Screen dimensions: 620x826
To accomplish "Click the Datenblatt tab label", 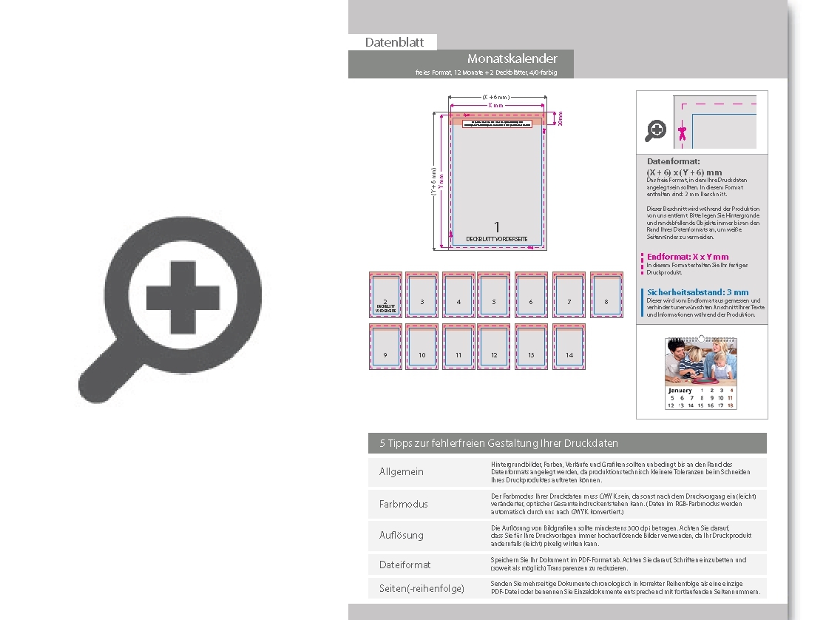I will (394, 42).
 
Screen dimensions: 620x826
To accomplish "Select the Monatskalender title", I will (512, 58).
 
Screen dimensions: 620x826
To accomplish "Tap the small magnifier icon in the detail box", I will (655, 131).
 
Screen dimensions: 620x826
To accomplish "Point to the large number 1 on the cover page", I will (498, 226).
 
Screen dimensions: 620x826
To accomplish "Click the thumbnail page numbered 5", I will (493, 295).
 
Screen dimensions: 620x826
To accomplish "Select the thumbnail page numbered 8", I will (606, 295).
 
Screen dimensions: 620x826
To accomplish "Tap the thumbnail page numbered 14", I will (569, 347).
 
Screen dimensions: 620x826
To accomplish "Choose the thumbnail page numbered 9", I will (385, 347).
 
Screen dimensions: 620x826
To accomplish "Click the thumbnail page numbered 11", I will (458, 347).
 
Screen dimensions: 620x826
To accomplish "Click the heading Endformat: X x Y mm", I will (687, 257).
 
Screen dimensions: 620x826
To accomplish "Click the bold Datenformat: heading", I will (673, 161).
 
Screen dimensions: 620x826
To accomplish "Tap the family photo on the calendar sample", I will (700, 363).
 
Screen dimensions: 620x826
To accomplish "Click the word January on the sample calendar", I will (680, 390).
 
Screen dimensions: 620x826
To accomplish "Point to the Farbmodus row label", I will (403, 504).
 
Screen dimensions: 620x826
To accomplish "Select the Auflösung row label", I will (401, 535).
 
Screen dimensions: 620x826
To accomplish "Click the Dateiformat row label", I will (404, 565).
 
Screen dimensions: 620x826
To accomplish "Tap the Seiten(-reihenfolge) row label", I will (422, 588).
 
